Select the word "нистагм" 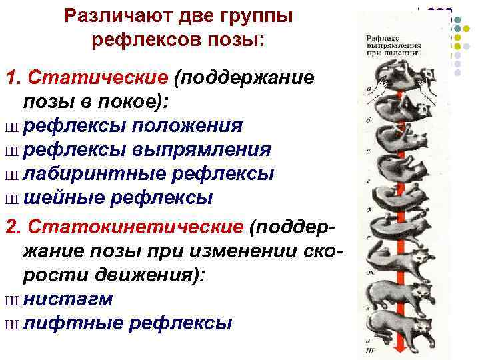(67, 299)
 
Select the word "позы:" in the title (238, 39)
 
